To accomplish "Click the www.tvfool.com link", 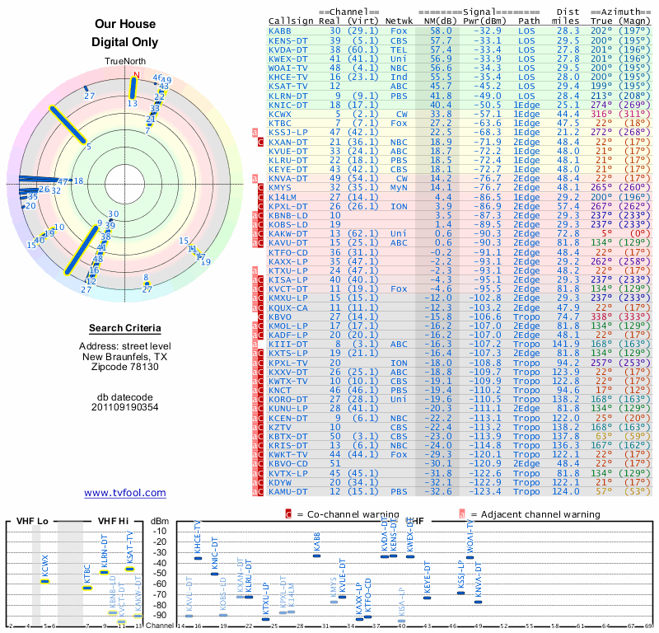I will click(x=124, y=493).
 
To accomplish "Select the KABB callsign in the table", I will click(x=280, y=30).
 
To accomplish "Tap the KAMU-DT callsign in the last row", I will click(x=288, y=491).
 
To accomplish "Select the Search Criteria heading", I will click(x=124, y=328).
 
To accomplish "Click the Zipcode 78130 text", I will click(x=124, y=367).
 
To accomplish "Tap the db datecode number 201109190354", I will click(x=124, y=407).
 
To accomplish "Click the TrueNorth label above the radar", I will click(x=124, y=62).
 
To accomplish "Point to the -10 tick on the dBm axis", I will click(x=159, y=531).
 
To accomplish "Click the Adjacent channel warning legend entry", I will click(x=519, y=514).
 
